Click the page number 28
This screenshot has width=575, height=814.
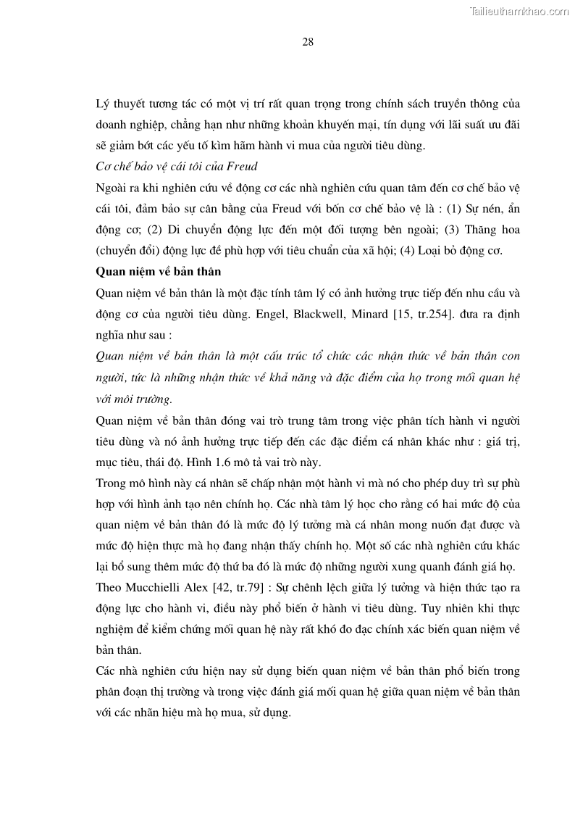(x=308, y=41)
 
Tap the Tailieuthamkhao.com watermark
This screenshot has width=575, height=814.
(x=519, y=11)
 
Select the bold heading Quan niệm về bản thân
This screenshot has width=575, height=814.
(x=158, y=272)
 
